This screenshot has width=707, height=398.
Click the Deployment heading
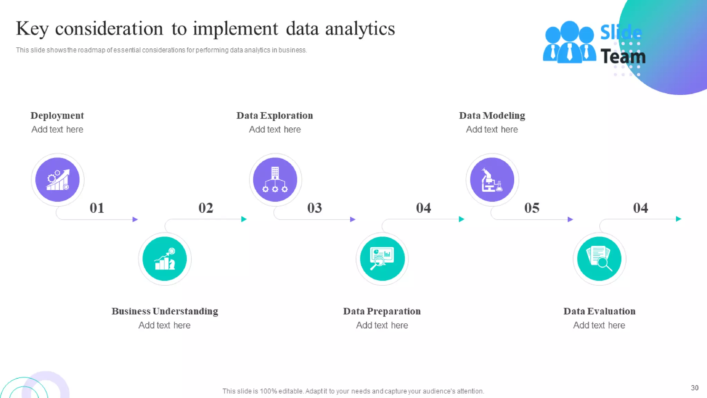pos(57,115)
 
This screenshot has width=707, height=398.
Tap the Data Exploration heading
pos(275,115)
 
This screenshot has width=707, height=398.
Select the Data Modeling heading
pos(492,115)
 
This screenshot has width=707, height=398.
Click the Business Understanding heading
pos(165,311)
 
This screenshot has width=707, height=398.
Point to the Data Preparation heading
pos(382,311)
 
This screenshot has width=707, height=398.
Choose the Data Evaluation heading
pos(599,311)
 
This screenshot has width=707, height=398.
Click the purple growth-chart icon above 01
pos(58,180)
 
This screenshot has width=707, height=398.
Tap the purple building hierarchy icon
pos(275,180)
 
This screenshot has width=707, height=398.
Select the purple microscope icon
pos(492,180)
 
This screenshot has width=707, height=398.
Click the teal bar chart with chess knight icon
pos(165,259)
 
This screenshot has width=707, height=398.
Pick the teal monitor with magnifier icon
pos(382,259)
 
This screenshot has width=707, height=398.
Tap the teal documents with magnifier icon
pos(599,259)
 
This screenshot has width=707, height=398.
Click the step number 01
pos(97,208)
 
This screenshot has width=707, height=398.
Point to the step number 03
pos(314,208)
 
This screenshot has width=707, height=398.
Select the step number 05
pos(532,208)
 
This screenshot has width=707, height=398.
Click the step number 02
pos(206,208)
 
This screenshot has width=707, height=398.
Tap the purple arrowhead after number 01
pos(135,219)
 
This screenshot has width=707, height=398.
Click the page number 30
pos(695,388)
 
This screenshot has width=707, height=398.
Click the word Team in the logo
pos(623,57)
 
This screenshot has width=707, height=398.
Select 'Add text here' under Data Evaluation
pos(599,325)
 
